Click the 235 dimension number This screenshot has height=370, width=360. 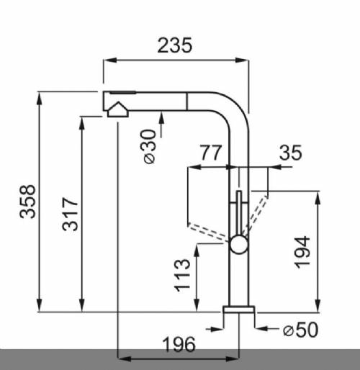[x=175, y=45]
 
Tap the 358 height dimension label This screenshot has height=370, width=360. [x=27, y=202]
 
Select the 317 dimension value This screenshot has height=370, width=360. [x=70, y=214]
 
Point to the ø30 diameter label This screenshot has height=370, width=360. [x=149, y=146]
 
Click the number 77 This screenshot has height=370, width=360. [x=210, y=153]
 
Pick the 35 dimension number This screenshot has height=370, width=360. [x=290, y=153]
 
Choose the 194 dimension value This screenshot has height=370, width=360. [x=302, y=252]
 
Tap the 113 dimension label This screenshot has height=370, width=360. [x=182, y=276]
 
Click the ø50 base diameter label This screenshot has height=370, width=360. [x=300, y=330]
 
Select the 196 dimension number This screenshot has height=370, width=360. [x=179, y=344]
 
